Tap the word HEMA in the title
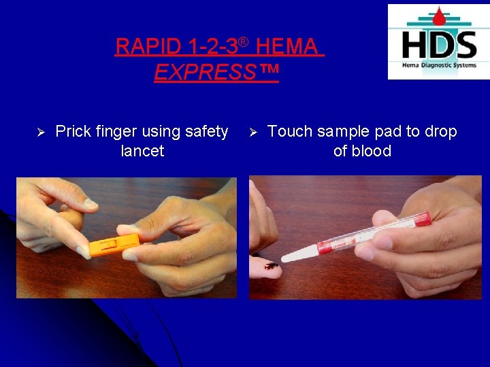pyautogui.click(x=287, y=47)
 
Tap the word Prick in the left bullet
pyautogui.click(x=73, y=131)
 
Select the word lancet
pyautogui.click(x=142, y=151)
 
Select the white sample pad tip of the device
pyautogui.click(x=299, y=254)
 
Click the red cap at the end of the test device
pyautogui.click(x=421, y=218)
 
